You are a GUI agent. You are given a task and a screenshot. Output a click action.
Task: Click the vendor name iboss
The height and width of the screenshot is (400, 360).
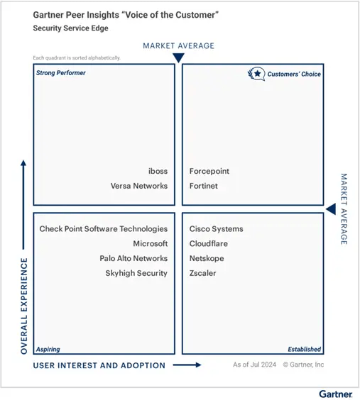[x=158, y=171]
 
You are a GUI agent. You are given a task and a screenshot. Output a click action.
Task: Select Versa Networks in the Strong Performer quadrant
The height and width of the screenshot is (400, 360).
[x=139, y=186]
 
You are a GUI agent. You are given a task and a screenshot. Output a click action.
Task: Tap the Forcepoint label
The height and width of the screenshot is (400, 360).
[x=209, y=171]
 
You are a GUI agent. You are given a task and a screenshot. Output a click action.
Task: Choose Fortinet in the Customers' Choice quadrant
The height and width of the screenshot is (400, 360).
[x=204, y=186]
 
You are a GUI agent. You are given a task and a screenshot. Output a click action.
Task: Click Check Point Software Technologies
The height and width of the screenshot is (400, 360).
[x=104, y=229]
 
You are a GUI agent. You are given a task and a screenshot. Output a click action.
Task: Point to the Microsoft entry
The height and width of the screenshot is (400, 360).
[x=151, y=244]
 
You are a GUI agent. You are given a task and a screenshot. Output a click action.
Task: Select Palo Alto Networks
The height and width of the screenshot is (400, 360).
[x=133, y=258]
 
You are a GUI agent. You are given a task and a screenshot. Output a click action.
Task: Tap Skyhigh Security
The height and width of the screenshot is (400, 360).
[x=136, y=273]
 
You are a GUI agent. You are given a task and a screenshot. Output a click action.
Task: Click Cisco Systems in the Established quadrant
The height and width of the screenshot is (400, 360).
[x=217, y=229]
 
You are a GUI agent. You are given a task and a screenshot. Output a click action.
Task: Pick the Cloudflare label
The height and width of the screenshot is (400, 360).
[x=209, y=244]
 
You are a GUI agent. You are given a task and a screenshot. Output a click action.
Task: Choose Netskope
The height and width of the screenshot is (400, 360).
[x=207, y=258]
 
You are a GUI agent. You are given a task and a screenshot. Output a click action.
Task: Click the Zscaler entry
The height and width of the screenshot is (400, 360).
[x=203, y=273]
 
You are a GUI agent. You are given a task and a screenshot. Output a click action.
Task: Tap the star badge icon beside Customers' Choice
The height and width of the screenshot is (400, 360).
[x=256, y=74]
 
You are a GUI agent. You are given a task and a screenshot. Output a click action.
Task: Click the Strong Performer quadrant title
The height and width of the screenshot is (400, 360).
[x=61, y=73]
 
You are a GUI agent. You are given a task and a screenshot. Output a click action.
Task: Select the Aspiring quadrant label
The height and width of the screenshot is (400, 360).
[x=48, y=349]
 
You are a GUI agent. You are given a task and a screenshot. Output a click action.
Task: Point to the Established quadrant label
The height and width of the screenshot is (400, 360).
[x=305, y=349]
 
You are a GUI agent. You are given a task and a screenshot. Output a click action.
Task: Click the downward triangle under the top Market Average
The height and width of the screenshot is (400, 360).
[x=178, y=57]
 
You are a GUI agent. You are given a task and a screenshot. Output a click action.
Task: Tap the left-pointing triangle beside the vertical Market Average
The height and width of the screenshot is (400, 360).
[x=331, y=209]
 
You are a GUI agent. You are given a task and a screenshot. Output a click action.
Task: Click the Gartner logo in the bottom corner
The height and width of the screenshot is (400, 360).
[x=336, y=394]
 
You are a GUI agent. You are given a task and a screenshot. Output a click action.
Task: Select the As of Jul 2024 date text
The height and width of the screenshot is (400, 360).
[x=254, y=365]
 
